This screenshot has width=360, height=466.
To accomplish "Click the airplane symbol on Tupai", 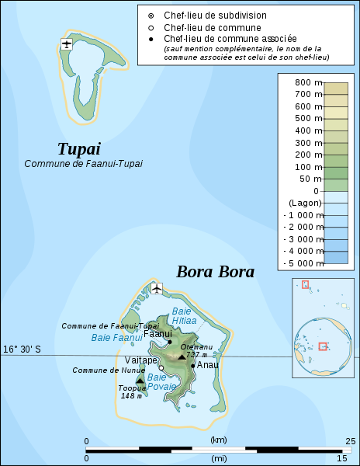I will (x=67, y=43).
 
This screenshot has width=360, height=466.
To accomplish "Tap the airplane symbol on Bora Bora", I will (x=157, y=289).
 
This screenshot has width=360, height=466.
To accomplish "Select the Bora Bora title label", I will (x=215, y=272).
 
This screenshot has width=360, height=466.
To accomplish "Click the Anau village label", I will (x=207, y=364).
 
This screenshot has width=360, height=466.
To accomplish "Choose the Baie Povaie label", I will (x=162, y=381).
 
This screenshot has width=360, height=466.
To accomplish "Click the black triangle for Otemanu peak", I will (x=182, y=357).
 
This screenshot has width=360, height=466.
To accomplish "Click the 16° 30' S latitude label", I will (x=22, y=349).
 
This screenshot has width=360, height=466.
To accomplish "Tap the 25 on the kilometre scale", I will (x=351, y=441).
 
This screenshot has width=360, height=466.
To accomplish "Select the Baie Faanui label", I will (x=116, y=337).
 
